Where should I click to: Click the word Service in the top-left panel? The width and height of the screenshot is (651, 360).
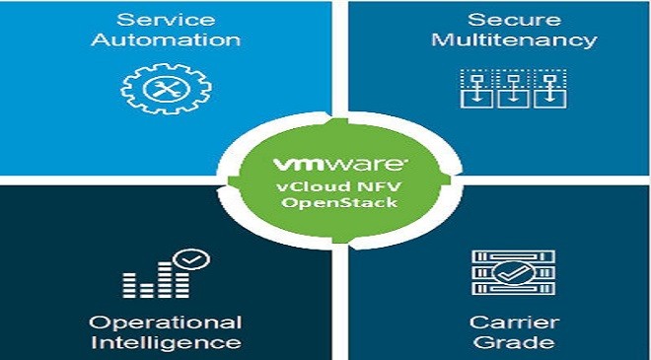(x=166, y=20)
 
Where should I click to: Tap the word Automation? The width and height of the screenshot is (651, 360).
(x=166, y=40)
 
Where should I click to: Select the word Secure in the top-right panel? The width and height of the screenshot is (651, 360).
(x=515, y=20)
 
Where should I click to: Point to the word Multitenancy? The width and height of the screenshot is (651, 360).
(x=515, y=40)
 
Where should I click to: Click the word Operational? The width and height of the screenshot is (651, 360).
(x=166, y=324)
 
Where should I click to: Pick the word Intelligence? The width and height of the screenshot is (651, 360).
(x=166, y=343)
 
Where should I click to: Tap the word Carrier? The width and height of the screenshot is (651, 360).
(x=515, y=323)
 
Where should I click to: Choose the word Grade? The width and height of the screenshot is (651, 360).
(x=515, y=343)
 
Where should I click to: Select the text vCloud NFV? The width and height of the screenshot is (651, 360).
(x=339, y=185)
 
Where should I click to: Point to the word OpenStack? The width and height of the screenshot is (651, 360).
(x=339, y=202)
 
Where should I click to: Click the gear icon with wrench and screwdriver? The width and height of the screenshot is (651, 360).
(x=166, y=89)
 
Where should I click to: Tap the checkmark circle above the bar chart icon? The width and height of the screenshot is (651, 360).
(x=191, y=259)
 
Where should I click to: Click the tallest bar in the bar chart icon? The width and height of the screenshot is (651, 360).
(x=165, y=279)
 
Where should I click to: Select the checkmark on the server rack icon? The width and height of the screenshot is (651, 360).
(x=513, y=273)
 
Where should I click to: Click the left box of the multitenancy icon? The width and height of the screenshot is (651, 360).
(x=476, y=99)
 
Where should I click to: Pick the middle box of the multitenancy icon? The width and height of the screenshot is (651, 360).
(x=513, y=99)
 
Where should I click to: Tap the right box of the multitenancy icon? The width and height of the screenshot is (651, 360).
(x=549, y=99)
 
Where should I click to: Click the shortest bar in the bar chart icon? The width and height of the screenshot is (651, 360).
(x=147, y=290)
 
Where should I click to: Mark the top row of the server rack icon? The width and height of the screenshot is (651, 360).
(x=513, y=257)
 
